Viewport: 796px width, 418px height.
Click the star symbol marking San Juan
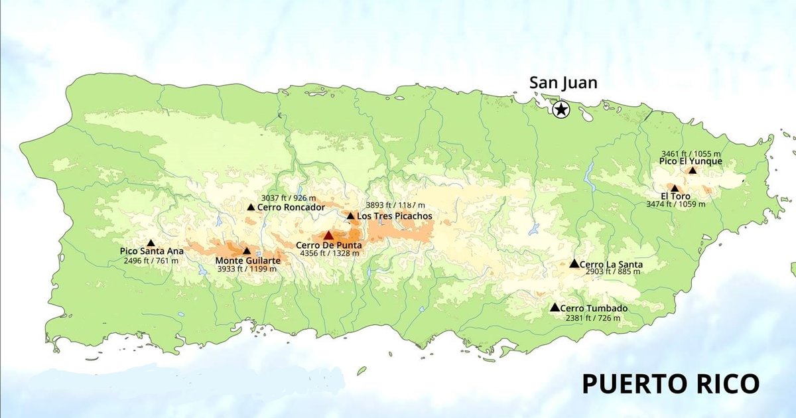561,109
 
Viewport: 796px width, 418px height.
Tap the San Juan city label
563,83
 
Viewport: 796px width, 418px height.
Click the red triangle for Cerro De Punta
328,235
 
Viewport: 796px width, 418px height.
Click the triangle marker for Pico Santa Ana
151,243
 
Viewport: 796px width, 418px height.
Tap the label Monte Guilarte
247,261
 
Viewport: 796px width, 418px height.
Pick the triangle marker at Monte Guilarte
247,251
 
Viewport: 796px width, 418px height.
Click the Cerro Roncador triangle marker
251,207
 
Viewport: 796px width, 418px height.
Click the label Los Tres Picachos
394,216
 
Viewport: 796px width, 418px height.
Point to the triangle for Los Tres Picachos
350,216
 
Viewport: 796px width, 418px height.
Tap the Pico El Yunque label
691,161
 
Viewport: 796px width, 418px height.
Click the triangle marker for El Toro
675,188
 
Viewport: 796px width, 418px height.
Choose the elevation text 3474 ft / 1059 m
675,204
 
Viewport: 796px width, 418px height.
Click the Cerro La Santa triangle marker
574,263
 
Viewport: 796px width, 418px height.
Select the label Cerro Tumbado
594,309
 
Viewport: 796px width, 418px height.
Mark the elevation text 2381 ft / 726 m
593,318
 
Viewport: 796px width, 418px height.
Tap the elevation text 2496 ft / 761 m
151,261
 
